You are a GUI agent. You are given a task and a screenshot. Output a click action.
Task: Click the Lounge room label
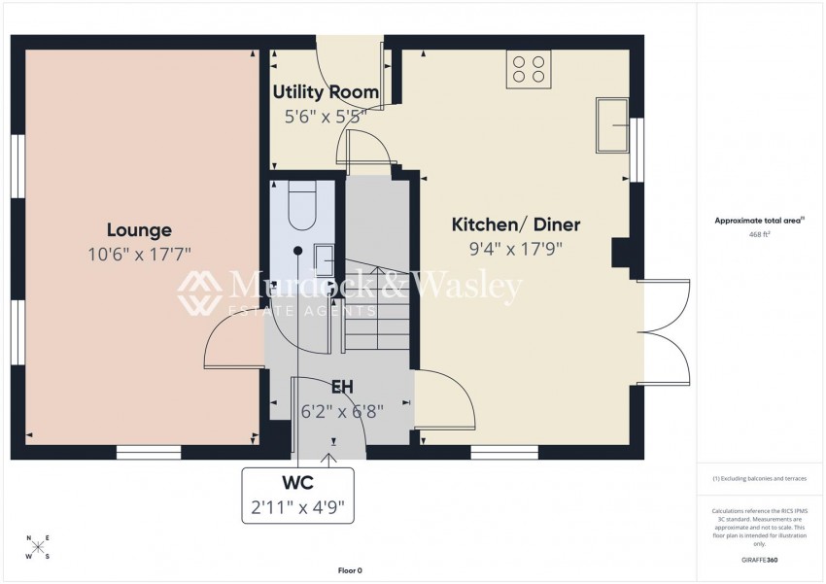click(x=139, y=230)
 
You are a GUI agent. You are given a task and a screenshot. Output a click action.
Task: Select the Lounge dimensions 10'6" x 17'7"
click(x=139, y=254)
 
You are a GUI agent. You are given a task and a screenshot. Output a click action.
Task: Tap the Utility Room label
click(x=325, y=92)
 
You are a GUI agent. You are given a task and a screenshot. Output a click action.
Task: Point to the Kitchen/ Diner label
click(x=516, y=225)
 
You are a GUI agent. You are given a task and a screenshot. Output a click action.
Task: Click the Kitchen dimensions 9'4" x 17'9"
click(x=516, y=249)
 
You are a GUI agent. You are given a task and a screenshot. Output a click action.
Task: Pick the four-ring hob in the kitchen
click(x=528, y=69)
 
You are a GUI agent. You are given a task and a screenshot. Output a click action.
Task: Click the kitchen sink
click(x=614, y=124)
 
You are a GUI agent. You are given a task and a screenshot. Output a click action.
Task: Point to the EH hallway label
click(x=341, y=388)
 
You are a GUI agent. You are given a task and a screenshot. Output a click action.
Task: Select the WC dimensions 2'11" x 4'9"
click(x=299, y=506)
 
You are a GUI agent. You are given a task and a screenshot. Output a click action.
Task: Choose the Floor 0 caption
click(x=349, y=570)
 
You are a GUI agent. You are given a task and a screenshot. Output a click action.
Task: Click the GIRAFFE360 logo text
click(x=759, y=560)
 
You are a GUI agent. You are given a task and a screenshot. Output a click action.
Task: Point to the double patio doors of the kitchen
click(x=665, y=330)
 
